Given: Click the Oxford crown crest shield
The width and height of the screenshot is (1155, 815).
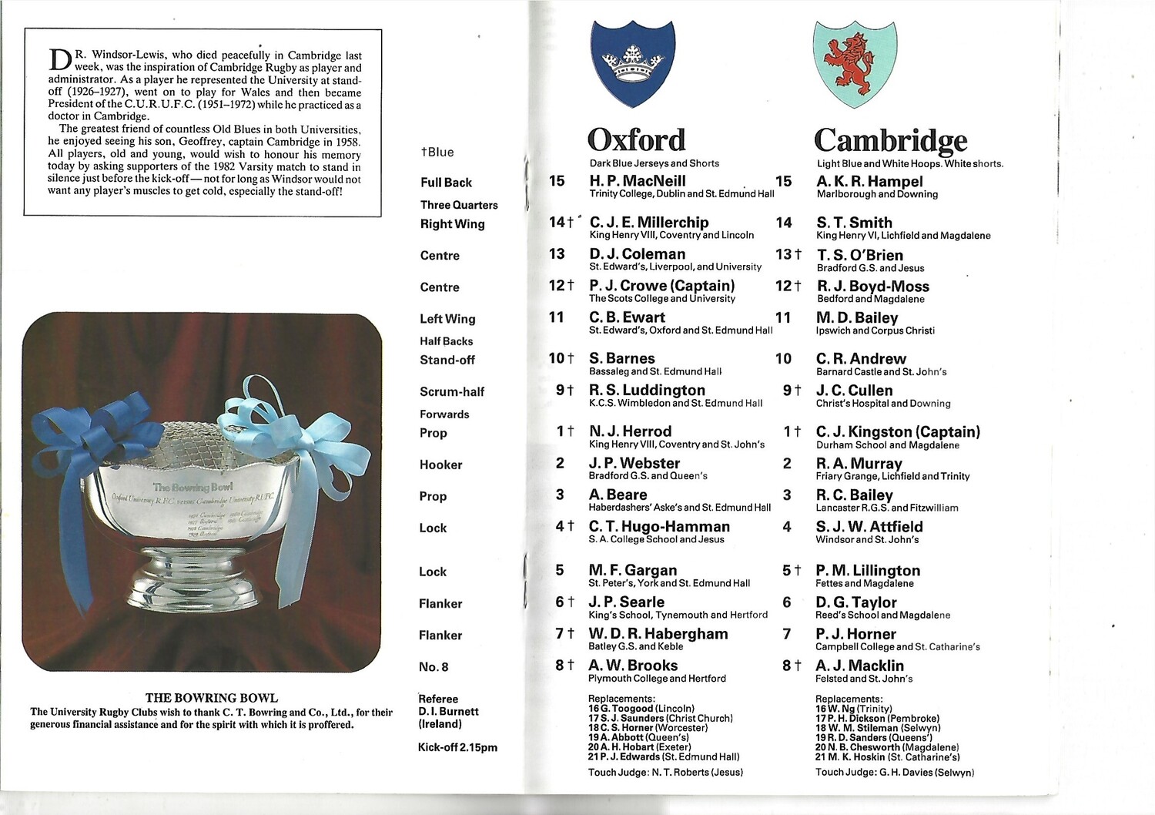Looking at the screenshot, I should [632, 63].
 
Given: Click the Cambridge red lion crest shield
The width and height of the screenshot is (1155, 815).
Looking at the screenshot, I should [854, 63].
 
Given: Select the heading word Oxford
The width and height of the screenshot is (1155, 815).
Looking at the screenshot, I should [636, 140].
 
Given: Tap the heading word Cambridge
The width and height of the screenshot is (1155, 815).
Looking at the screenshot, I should [890, 140].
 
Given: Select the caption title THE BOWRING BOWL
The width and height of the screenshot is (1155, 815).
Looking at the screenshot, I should [212, 698].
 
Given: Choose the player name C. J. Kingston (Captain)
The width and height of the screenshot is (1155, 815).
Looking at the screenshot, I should [898, 432].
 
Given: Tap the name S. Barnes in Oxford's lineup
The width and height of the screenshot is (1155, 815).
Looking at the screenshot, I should [621, 358].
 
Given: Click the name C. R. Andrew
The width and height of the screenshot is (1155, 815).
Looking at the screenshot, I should [861, 359].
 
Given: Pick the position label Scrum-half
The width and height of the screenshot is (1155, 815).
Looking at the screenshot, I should [452, 391].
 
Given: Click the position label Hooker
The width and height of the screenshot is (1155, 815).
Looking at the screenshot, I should [440, 465].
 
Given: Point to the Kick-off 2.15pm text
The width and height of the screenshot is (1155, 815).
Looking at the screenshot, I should [457, 747].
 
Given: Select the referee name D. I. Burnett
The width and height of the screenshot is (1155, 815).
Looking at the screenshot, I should [448, 712].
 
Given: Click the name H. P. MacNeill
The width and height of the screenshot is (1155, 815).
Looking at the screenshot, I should [637, 181].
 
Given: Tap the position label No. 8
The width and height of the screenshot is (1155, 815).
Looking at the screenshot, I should [434, 667].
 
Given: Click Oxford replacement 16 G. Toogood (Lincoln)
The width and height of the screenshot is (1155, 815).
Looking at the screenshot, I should [641, 709].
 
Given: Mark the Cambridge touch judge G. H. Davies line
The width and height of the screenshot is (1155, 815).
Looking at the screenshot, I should [894, 772].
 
